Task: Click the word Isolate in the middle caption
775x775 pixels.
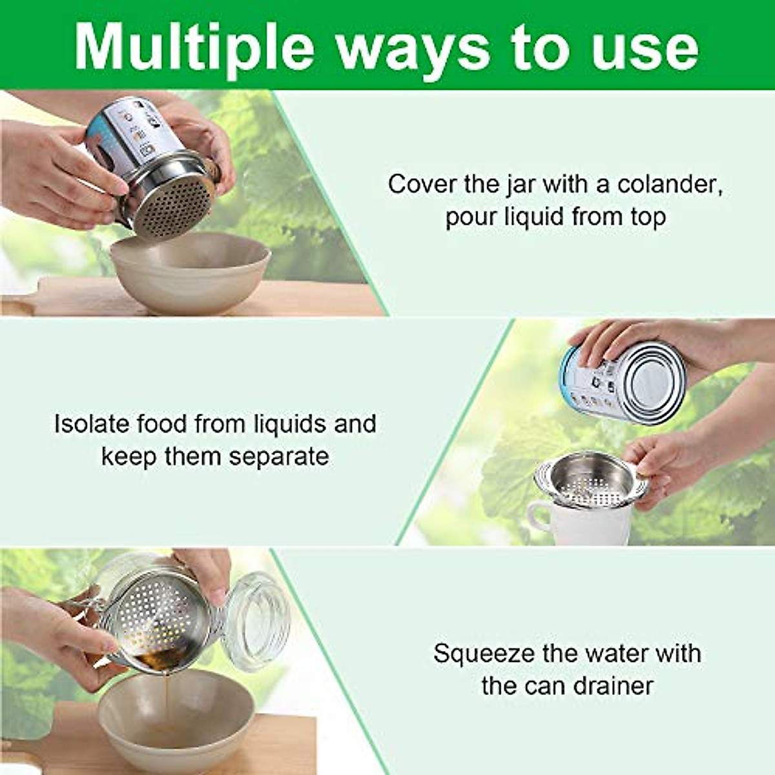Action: pyautogui.click(x=92, y=424)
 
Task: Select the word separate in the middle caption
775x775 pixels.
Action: pyautogui.click(x=279, y=457)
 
